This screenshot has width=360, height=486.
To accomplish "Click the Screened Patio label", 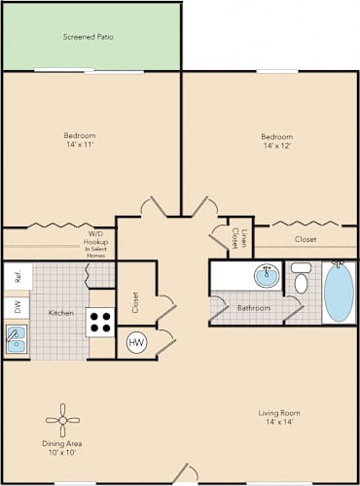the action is click(x=89, y=37).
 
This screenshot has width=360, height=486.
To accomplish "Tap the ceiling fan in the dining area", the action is click(x=62, y=420).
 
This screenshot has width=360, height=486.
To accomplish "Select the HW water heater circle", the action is click(x=137, y=342).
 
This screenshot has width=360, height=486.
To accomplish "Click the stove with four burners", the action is click(x=100, y=323).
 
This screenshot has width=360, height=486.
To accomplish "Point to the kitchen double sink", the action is click(x=17, y=339).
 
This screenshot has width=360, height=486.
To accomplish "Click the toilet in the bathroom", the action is click(x=302, y=277).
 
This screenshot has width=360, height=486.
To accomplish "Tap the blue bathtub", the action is click(x=339, y=293).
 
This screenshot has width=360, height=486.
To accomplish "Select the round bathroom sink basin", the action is click(x=267, y=276).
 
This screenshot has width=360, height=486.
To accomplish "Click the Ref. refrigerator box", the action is click(x=18, y=276).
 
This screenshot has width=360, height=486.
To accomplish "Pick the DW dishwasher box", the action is click(x=17, y=307).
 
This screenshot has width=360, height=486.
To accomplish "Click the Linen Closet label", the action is click(x=239, y=238).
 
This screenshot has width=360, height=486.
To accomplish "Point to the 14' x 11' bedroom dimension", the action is click(x=80, y=144).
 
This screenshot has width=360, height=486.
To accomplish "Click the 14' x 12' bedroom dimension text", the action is click(x=277, y=146).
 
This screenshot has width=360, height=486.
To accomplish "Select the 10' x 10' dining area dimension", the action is click(x=62, y=452).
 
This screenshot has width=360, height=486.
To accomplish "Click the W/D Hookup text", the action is click(x=95, y=238).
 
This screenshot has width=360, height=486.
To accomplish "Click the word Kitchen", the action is click(x=61, y=313).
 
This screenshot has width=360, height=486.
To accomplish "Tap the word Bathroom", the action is click(x=254, y=308).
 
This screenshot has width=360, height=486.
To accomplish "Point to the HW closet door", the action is click(x=166, y=342).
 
